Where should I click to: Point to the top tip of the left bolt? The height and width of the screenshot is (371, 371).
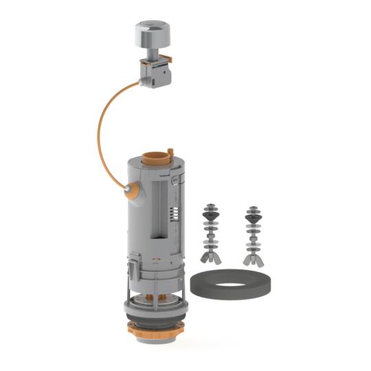208,204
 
